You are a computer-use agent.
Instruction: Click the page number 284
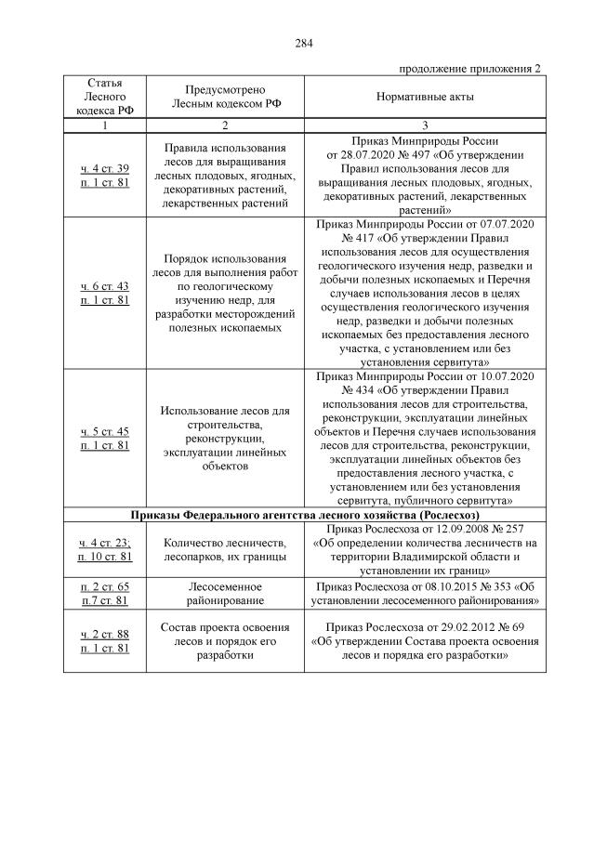302,42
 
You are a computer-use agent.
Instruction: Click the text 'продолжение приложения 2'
469,69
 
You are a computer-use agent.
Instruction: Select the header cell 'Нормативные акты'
424,97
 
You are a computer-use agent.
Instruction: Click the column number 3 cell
424,125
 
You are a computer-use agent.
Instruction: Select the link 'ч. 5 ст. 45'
105,431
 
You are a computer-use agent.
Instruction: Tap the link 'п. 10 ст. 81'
105,556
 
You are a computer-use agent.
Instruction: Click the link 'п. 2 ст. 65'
105,587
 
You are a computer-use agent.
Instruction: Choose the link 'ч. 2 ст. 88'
105,634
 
